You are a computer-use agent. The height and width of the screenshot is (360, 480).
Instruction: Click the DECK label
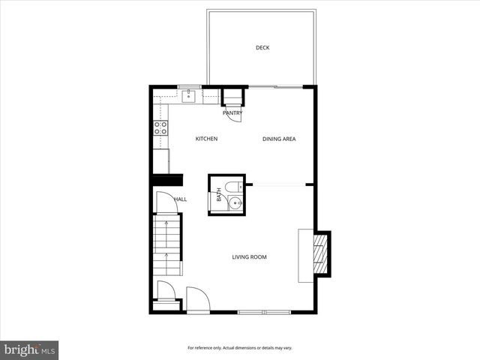pyautogui.click(x=262, y=48)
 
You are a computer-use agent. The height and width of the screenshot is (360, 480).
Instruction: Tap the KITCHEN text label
pyautogui.click(x=206, y=139)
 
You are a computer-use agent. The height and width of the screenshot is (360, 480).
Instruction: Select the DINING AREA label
pyautogui.click(x=278, y=139)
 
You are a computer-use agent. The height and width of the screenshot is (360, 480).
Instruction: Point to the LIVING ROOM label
pyautogui.click(x=249, y=257)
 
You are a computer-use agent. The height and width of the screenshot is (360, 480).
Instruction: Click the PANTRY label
pyautogui.click(x=232, y=113)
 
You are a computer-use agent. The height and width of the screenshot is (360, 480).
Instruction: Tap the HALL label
pyautogui.click(x=181, y=199)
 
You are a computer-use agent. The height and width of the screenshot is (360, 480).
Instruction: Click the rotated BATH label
pyautogui.click(x=219, y=195)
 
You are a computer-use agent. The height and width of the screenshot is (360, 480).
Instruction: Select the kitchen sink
pyautogui.click(x=190, y=96)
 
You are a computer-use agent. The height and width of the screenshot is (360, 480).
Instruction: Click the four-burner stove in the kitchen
pyautogui.click(x=160, y=128)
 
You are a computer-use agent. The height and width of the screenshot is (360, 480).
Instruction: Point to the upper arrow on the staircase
pyautogui.click(x=166, y=226)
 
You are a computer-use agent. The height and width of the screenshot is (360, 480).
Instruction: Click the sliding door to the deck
pyautogui.click(x=276, y=87)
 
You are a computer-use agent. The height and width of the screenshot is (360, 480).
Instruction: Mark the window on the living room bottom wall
pyautogui.click(x=264, y=310)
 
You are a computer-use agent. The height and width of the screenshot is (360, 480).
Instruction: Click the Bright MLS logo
pyautogui.click(x=29, y=349)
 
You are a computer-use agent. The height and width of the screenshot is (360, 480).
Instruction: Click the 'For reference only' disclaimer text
pyautogui.click(x=240, y=348)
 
